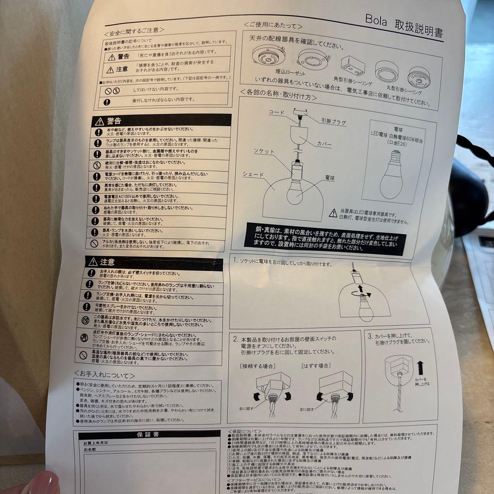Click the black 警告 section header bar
pyautogui.click(x=160, y=121)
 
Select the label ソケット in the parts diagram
pyautogui.click(x=265, y=150)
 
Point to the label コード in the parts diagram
pyautogui.click(x=277, y=112)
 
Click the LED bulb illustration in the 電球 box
pyautogui.click(x=392, y=176)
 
